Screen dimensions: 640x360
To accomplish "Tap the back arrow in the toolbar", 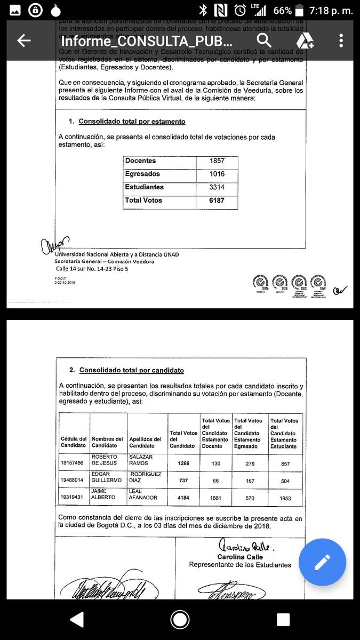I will (23, 41).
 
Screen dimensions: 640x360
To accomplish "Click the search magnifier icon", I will (264, 41).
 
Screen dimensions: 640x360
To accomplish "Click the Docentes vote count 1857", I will (217, 161).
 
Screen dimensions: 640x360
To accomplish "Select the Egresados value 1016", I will (217, 174).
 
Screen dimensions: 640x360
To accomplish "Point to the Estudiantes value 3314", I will (217, 188).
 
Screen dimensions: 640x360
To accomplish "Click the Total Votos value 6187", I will (217, 201).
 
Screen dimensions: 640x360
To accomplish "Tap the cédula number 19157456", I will (73, 463).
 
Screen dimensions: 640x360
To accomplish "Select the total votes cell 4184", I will (183, 498).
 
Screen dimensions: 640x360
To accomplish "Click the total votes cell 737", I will (183, 481).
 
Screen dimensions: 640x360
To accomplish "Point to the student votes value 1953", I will (285, 498).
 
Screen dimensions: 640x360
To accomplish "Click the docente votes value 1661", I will (216, 498).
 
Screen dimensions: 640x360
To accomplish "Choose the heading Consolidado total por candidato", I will (131, 370).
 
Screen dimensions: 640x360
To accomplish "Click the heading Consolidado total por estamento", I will (132, 122).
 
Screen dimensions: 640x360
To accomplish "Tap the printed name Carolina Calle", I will (240, 557).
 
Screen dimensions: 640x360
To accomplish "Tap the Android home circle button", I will (180, 619).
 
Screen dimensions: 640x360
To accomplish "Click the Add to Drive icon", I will (305, 41).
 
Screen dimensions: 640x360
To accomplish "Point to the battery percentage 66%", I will (282, 10).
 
